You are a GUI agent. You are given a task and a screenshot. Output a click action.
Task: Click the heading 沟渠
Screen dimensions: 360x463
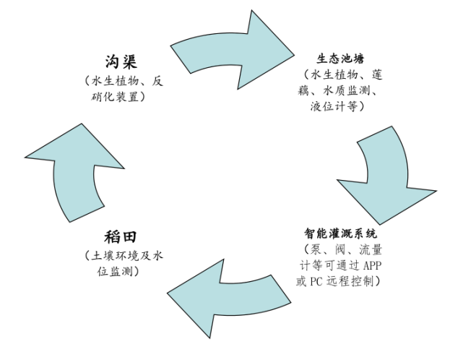[x=121, y=61]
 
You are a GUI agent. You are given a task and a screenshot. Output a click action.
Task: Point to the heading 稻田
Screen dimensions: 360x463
[x=121, y=237]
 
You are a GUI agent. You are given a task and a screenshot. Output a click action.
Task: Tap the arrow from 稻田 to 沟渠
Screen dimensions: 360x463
[x=72, y=173]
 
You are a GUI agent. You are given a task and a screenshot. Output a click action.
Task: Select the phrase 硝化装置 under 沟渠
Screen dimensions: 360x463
[x=118, y=95]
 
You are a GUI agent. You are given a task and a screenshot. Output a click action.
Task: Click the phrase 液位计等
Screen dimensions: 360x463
[x=334, y=106]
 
